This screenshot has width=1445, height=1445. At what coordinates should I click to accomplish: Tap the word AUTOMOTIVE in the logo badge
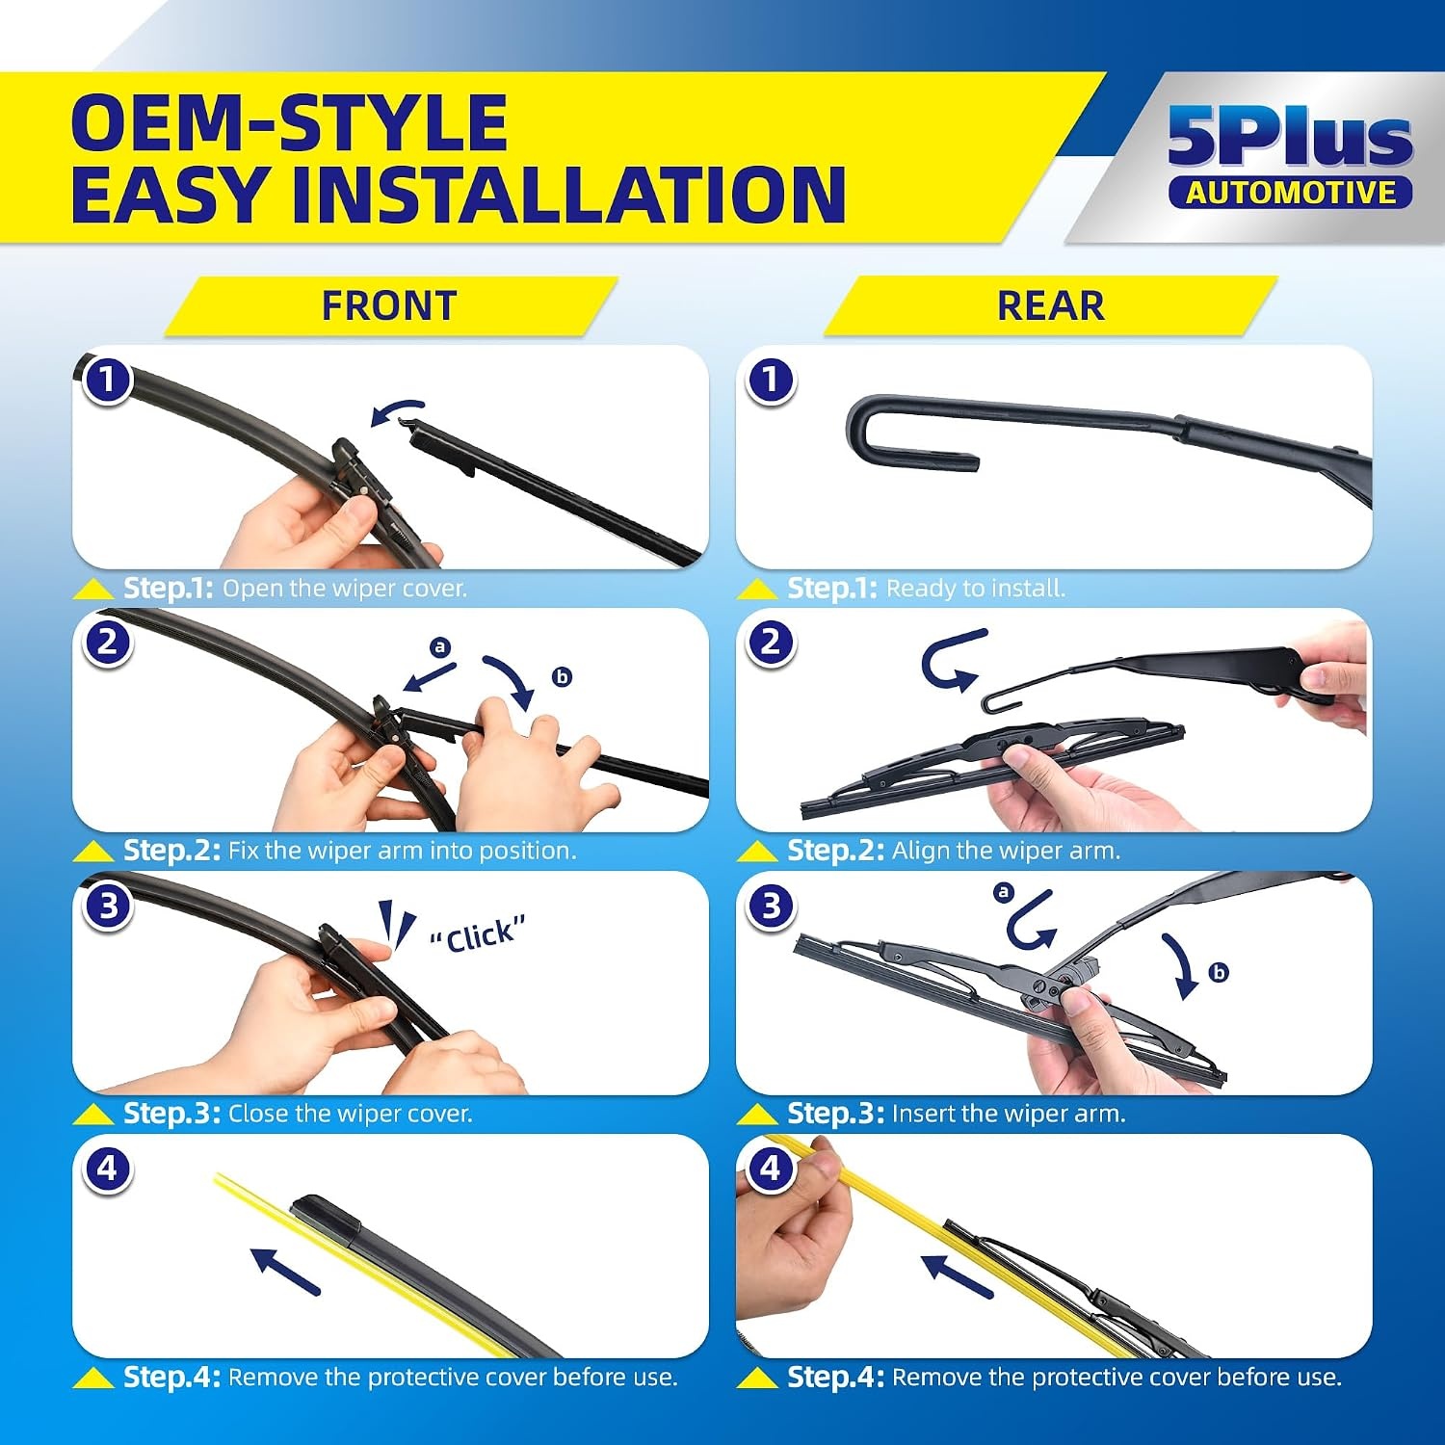1291,193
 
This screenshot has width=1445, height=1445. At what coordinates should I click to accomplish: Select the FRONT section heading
389,305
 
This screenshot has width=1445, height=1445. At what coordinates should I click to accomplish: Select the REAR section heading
1051,305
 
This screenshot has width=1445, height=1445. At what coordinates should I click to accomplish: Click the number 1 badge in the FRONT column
107,380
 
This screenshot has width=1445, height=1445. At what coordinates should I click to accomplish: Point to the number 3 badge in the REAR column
771,906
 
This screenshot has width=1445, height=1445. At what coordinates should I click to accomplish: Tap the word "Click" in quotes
478,934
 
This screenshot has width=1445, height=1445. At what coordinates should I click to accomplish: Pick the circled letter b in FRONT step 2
562,676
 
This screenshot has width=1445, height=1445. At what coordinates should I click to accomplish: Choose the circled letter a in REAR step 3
1004,892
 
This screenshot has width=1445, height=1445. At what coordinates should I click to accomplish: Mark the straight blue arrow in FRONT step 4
284,1271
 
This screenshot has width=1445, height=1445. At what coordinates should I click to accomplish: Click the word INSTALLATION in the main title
568,195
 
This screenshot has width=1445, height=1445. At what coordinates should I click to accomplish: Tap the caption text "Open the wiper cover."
345,588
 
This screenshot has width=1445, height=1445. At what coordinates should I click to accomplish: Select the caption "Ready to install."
976,588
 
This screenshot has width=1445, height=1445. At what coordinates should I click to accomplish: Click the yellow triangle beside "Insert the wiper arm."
757,1115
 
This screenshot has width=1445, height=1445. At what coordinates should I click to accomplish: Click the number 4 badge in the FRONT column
107,1169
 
